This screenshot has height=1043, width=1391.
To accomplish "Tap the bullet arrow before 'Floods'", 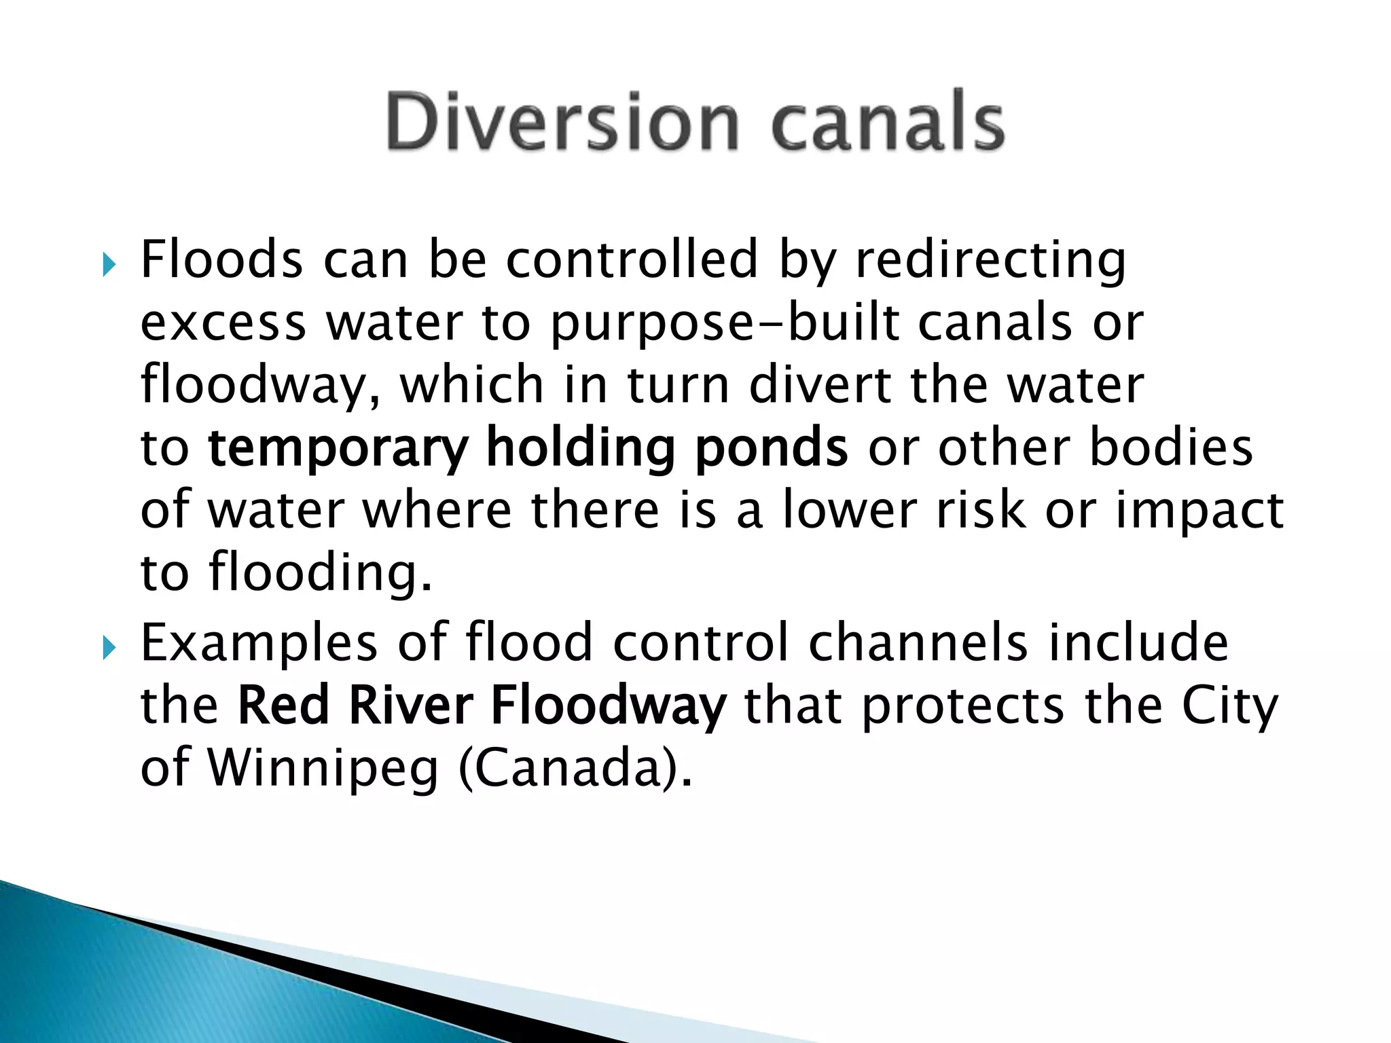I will pos(109,263).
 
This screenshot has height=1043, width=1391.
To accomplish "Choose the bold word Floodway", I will pos(608,706).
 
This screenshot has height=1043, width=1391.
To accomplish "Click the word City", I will pos(1230,706).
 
